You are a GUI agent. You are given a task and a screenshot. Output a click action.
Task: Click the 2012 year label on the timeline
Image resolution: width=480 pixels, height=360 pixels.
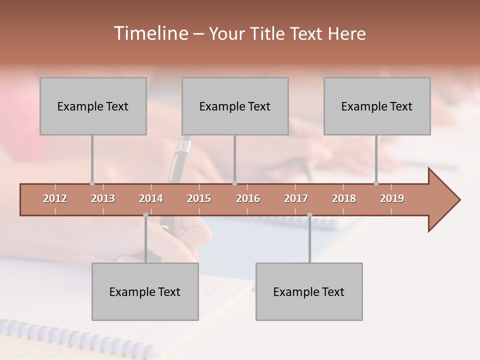55,198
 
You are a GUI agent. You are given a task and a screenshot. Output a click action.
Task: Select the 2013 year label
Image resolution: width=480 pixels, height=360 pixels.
103,198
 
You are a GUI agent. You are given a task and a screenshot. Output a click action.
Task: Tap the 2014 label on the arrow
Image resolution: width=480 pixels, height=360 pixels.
151,198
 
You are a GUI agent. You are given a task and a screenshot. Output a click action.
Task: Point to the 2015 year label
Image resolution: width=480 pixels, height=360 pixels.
199,198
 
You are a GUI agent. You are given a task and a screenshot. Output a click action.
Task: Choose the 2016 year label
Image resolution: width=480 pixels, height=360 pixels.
248,198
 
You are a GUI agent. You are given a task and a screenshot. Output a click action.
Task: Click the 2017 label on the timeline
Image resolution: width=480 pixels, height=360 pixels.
296,198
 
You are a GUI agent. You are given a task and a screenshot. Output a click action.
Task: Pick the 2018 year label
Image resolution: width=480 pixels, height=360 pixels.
344,198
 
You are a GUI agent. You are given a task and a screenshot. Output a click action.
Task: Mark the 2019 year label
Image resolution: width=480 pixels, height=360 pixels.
392,198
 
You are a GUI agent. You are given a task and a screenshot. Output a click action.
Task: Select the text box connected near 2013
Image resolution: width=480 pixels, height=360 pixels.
93,106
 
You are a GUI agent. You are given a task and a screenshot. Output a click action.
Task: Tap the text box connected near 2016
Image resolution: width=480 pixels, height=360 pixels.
235,106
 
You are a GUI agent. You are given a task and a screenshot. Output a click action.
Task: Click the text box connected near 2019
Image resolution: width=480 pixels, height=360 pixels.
377,106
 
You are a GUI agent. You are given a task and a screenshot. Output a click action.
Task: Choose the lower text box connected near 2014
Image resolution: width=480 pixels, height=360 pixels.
145,291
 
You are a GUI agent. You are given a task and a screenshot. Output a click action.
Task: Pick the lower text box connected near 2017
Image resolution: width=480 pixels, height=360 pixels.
309,291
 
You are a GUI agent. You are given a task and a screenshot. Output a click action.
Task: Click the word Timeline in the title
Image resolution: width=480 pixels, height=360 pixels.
150,33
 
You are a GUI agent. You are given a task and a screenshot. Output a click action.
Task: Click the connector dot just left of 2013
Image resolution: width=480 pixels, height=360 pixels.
92,183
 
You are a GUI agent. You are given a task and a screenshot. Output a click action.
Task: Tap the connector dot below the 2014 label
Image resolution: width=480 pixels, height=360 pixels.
145,215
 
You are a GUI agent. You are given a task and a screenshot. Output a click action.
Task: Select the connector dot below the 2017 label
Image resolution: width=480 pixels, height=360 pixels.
309,215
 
